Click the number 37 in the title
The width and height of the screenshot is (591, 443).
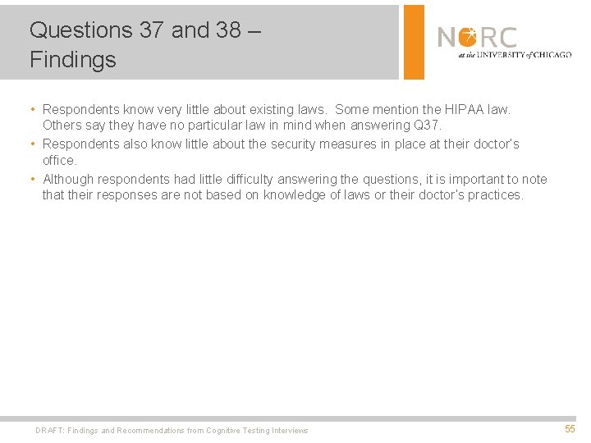[x=151, y=30]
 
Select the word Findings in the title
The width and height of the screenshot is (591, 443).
[x=73, y=60]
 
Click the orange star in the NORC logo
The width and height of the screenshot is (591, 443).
[x=467, y=37]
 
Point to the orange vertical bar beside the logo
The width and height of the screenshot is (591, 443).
[x=415, y=42]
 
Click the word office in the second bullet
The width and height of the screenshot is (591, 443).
[x=58, y=161]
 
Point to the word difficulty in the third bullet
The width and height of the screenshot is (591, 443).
[x=245, y=179]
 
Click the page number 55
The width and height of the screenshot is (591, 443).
[x=570, y=429]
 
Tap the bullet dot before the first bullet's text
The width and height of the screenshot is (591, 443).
[x=31, y=109]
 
